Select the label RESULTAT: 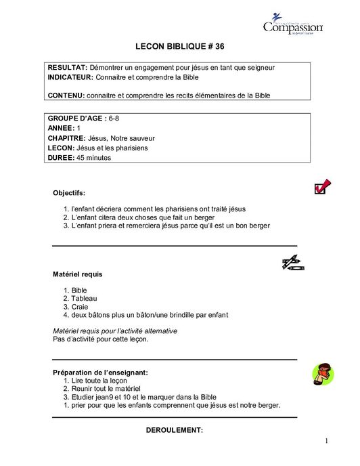[67, 68]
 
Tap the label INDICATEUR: [70, 77]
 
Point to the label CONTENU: [66, 96]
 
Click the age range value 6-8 [114, 118]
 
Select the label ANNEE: [61, 127]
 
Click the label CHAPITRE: [66, 137]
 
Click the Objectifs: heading [69, 193]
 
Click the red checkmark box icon [322, 187]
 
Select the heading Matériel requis [78, 274]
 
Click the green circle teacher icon [321, 373]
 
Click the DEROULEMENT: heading [175, 430]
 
